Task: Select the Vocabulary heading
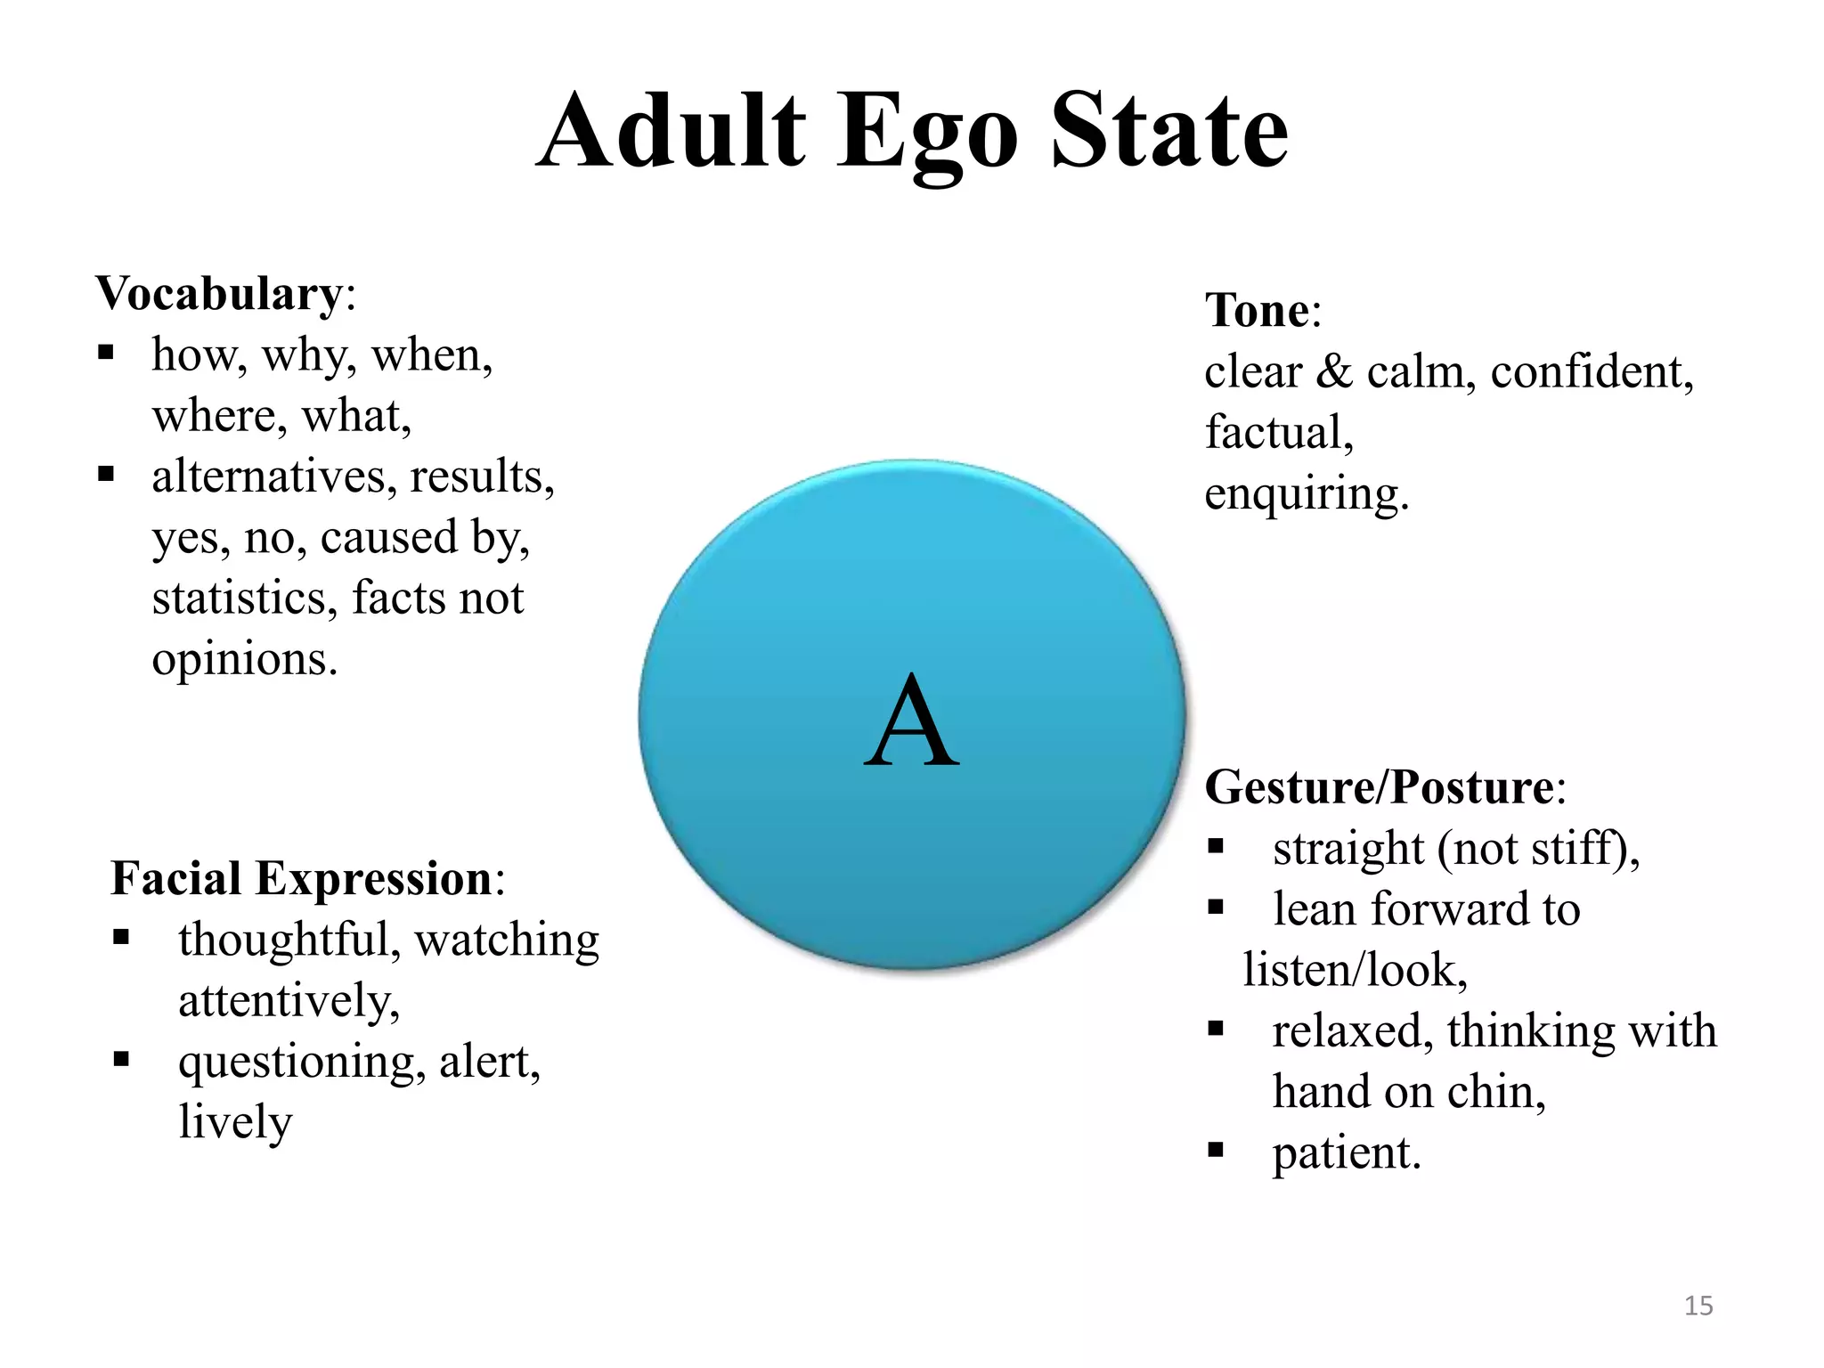[218, 293]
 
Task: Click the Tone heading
[1257, 311]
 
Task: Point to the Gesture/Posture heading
[1379, 787]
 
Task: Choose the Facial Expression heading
[301, 879]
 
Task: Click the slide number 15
[1698, 1306]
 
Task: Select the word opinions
[244, 660]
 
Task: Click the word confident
[1591, 371]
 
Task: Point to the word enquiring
[1306, 493]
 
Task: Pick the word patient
[1345, 1152]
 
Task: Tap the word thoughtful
[289, 940]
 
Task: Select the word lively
[235, 1122]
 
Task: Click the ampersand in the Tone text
[1333, 371]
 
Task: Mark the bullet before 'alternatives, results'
[106, 474]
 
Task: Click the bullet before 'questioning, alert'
[121, 1059]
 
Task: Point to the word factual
[1278, 433]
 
